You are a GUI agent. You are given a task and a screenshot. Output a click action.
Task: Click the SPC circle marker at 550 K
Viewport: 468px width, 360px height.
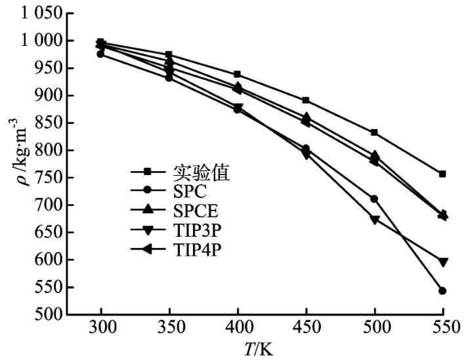point(442,290)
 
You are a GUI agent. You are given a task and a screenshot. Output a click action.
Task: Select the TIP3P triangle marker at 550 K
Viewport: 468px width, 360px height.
point(442,262)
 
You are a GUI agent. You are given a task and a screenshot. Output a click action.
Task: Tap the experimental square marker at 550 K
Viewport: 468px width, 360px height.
point(442,174)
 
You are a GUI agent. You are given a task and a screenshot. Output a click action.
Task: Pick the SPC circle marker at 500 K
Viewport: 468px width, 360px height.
point(374,199)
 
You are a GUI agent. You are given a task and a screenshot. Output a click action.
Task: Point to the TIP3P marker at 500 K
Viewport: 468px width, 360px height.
point(374,220)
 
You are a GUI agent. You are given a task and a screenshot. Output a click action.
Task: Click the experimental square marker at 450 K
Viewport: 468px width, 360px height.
point(306,100)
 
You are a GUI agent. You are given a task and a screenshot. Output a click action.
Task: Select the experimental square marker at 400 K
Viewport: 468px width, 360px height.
point(237,74)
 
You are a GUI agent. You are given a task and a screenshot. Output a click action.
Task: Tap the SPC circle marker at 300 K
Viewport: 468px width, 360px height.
point(100,54)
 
